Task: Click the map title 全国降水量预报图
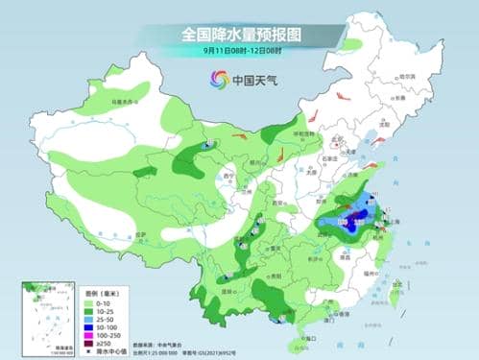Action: click(x=240, y=34)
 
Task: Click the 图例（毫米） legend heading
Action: click(x=96, y=293)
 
